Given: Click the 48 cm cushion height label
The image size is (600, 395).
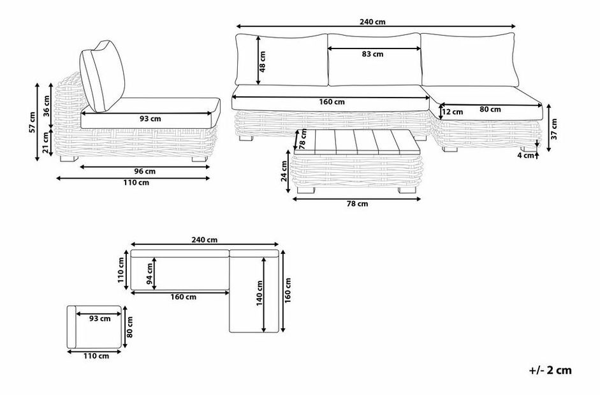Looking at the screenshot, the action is (263, 62).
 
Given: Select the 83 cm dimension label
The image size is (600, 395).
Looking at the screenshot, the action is (373, 54).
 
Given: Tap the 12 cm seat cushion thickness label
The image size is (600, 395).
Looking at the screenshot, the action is (452, 112).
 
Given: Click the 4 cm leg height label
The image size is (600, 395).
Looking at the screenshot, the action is (526, 156).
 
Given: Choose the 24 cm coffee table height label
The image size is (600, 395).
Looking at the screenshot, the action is (284, 171).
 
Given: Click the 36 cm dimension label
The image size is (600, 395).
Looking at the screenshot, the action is (47, 106).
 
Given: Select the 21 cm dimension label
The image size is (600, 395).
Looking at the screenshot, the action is (47, 142).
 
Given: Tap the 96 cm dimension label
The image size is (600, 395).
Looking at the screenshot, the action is (145, 171).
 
